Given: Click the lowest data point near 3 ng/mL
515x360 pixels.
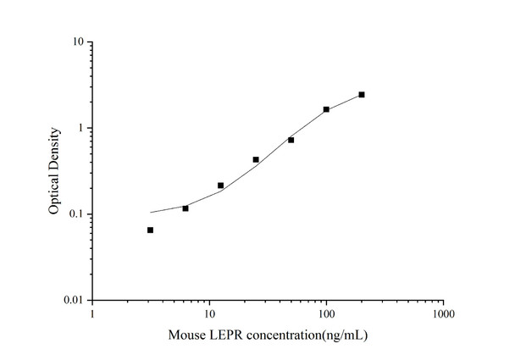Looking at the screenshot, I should click(150, 230).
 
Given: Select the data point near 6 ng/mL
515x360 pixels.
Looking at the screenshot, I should click(186, 208).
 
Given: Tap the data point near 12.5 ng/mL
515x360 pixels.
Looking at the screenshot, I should click(220, 186).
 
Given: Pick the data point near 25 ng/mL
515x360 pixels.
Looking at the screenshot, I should click(256, 159).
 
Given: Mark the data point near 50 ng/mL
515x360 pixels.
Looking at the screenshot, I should click(291, 140).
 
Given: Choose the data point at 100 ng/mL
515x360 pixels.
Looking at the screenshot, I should click(326, 109).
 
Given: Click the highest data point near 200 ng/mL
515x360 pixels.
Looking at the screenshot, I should click(362, 95).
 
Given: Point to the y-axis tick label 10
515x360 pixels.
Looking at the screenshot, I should click(76, 42).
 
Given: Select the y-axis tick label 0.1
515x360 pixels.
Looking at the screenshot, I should click(75, 214).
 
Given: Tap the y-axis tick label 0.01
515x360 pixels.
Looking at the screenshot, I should click(72, 301).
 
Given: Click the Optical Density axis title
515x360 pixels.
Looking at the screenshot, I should click(55, 170).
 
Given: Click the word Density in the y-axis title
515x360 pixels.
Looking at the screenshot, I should click(55, 147).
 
